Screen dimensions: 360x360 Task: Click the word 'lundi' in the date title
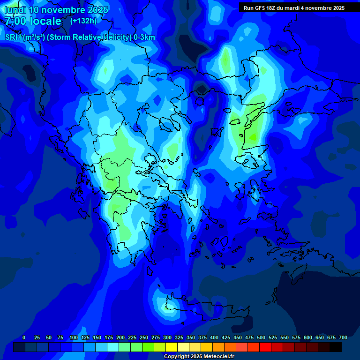tap(15, 10)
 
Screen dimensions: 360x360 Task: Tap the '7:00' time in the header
tap(15, 21)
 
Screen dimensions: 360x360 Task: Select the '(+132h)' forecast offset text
tap(83, 21)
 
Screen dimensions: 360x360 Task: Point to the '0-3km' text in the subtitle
tap(144, 37)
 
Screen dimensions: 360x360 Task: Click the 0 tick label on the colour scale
tap(24, 337)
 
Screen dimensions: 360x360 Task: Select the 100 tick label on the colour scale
tap(73, 337)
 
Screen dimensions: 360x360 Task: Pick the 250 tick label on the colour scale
tap(144, 337)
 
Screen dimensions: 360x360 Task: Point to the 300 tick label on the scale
tap(167, 337)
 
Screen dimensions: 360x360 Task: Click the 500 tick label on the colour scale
tap(261, 337)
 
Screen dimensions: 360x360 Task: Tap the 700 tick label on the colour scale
tap(343, 337)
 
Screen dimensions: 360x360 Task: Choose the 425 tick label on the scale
tap(226, 337)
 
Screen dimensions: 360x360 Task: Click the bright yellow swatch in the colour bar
tap(172, 347)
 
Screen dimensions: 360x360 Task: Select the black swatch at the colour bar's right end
tap(336, 347)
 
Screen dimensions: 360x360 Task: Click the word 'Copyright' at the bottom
tap(177, 357)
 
